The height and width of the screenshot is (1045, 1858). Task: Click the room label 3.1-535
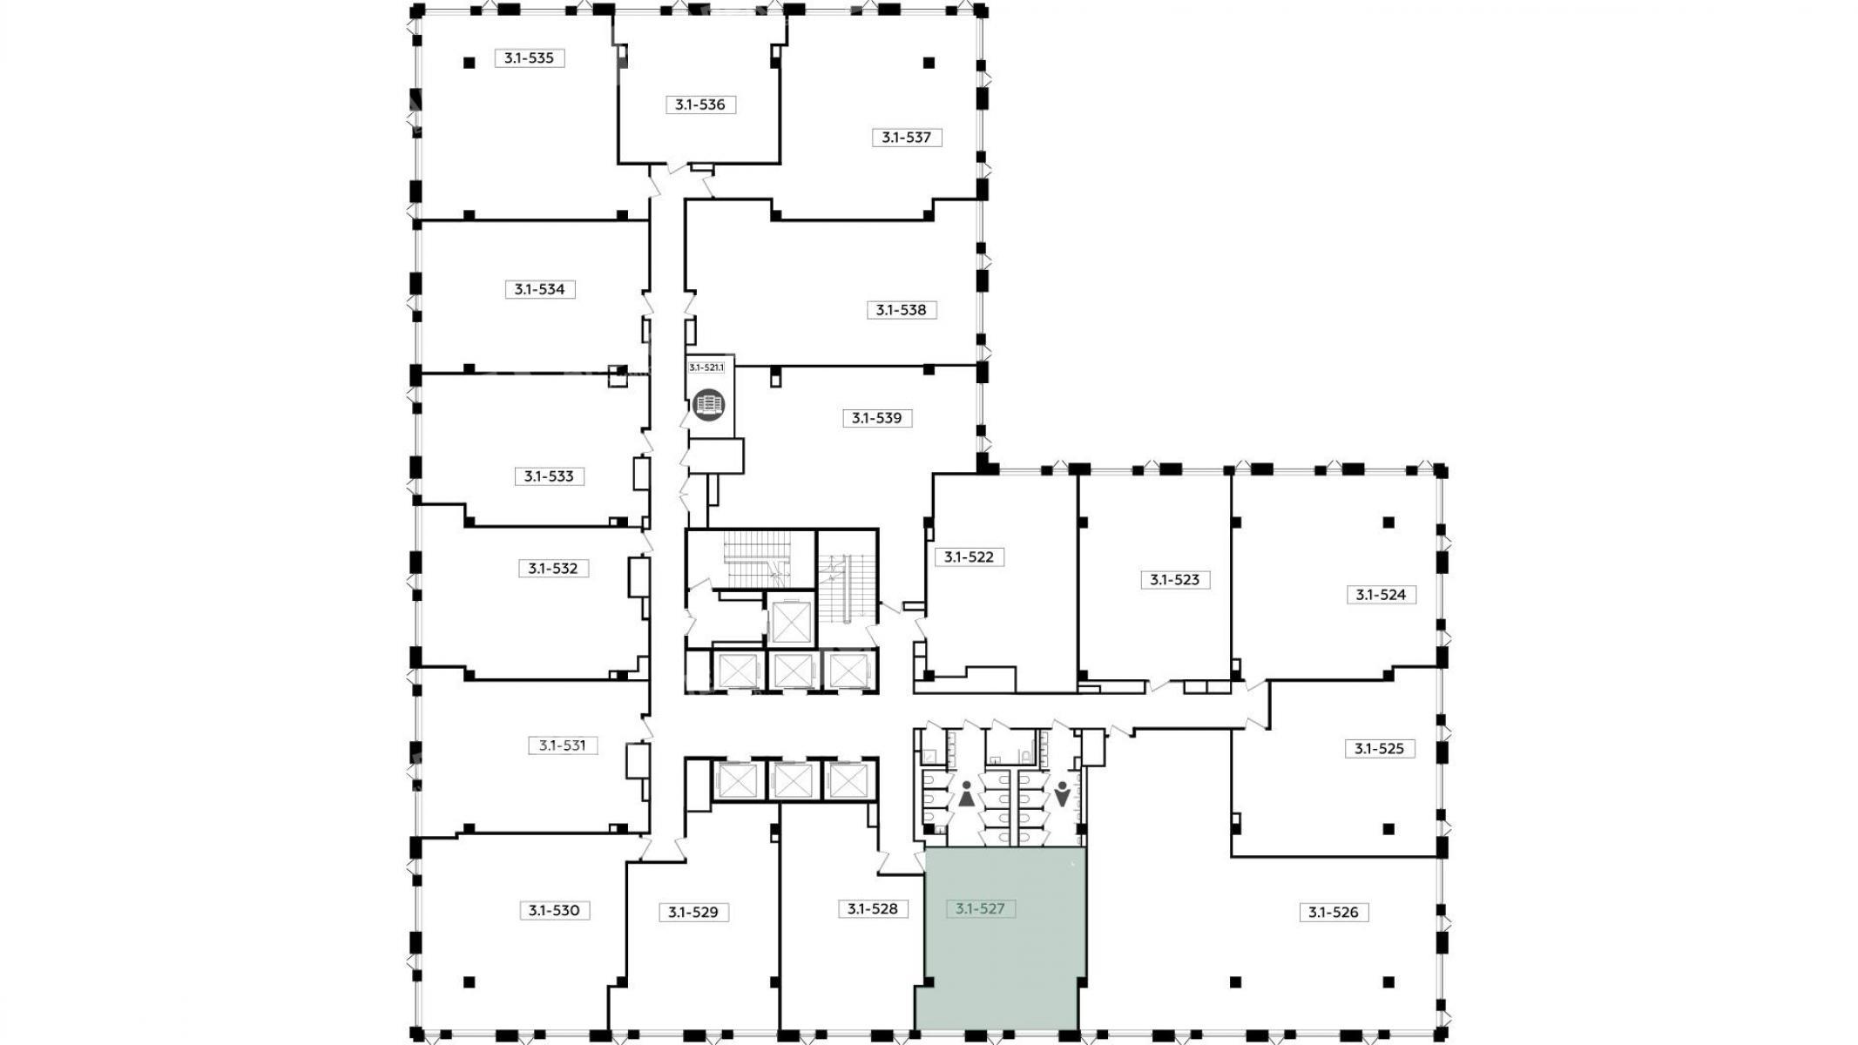coord(530,58)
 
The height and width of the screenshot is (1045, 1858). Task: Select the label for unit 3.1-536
coord(700,104)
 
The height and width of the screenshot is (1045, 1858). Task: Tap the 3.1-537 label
coord(907,137)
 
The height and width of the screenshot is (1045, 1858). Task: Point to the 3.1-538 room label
coord(902,310)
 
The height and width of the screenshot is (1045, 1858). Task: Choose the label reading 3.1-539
coord(877,418)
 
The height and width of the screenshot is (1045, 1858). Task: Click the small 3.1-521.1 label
coord(706,367)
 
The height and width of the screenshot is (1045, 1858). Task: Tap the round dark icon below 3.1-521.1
coord(708,405)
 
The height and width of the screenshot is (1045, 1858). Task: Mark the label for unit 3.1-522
coord(970,556)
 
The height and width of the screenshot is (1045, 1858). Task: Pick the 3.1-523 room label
coord(1175,579)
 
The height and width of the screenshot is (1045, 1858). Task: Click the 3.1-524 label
coord(1382,595)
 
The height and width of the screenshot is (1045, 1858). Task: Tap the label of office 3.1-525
coord(1380,748)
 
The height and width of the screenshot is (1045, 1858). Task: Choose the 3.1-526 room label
coord(1334,913)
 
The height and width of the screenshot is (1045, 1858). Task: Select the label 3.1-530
coord(554,911)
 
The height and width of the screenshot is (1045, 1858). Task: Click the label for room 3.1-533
coord(549,476)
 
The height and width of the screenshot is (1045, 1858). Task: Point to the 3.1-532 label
coord(553,569)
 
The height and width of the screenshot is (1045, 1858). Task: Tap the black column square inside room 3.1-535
coord(469,63)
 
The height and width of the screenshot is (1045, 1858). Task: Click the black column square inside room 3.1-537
coord(929,63)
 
